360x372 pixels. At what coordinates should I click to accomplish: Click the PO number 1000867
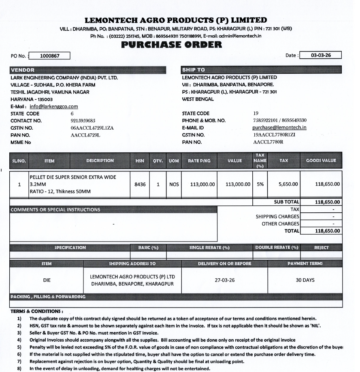point(50,56)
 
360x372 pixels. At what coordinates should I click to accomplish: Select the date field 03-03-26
point(321,55)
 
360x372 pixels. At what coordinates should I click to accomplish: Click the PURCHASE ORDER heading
point(172,45)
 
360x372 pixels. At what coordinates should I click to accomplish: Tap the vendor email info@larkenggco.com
point(53,107)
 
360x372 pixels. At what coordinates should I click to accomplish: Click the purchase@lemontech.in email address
point(279,128)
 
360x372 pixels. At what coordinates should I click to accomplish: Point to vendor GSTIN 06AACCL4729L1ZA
point(92,128)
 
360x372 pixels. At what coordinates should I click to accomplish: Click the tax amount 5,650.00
point(288,184)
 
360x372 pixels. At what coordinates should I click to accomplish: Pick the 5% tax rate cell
point(260,184)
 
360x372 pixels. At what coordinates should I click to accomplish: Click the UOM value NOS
point(174,184)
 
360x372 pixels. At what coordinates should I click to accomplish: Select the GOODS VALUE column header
point(324,161)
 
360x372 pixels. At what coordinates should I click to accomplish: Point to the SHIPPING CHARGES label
point(277,216)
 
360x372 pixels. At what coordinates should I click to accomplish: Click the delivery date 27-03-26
point(225,280)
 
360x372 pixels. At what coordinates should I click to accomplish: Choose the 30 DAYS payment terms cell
point(305,280)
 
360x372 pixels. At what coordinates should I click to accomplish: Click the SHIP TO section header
point(194,70)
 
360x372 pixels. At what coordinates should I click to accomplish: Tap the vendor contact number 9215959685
point(83,121)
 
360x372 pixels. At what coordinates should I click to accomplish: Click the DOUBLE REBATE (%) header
point(277,248)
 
